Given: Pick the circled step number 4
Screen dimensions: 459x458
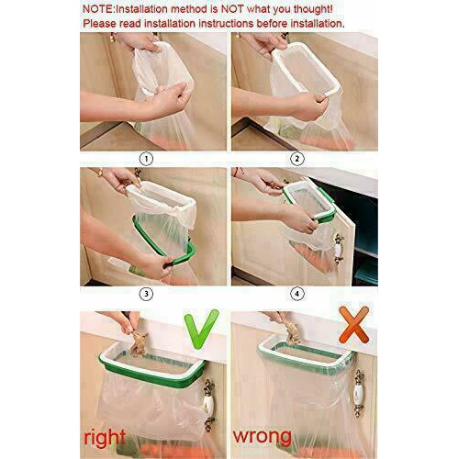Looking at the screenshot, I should tap(296, 294).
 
